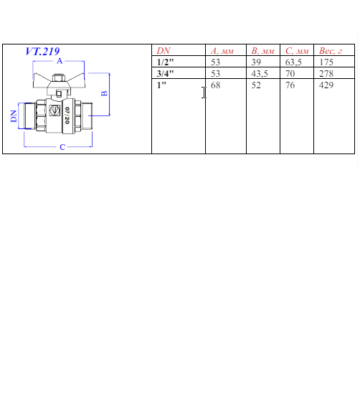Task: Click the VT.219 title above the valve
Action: pos(42,51)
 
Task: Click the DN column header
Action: pos(164,51)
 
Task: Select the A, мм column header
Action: pos(222,51)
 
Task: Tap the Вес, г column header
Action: pos(331,51)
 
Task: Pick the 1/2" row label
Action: pos(165,62)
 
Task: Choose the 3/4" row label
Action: pos(165,74)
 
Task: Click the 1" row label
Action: pos(161,85)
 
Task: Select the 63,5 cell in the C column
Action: pos(293,62)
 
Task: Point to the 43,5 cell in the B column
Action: pos(260,74)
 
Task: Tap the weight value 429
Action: pos(326,85)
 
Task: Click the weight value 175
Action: pos(326,62)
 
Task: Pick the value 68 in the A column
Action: pos(216,85)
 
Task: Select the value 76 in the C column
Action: pos(290,85)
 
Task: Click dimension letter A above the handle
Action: pos(60,61)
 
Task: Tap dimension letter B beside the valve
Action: pos(104,93)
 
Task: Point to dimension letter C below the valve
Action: pos(62,147)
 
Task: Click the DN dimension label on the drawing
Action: pos(14,116)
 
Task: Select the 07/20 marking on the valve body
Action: pos(67,115)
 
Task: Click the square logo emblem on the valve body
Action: pos(55,110)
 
